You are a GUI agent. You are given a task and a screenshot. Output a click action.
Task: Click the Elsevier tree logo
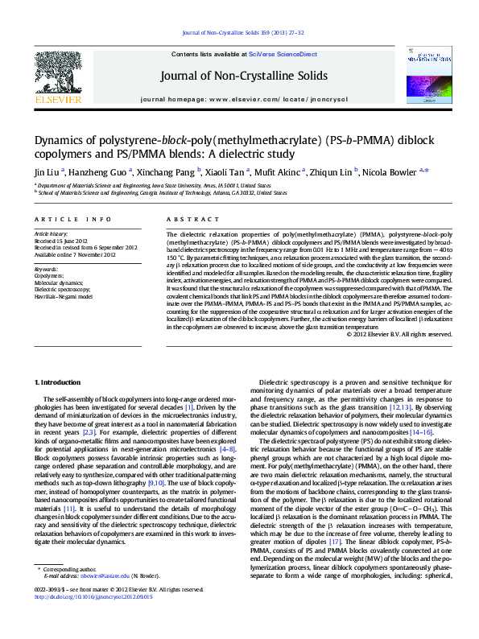click(57, 72)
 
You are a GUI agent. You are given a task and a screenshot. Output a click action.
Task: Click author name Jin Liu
click(46, 171)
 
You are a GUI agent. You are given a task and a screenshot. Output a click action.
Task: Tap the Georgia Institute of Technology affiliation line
click(162, 193)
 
